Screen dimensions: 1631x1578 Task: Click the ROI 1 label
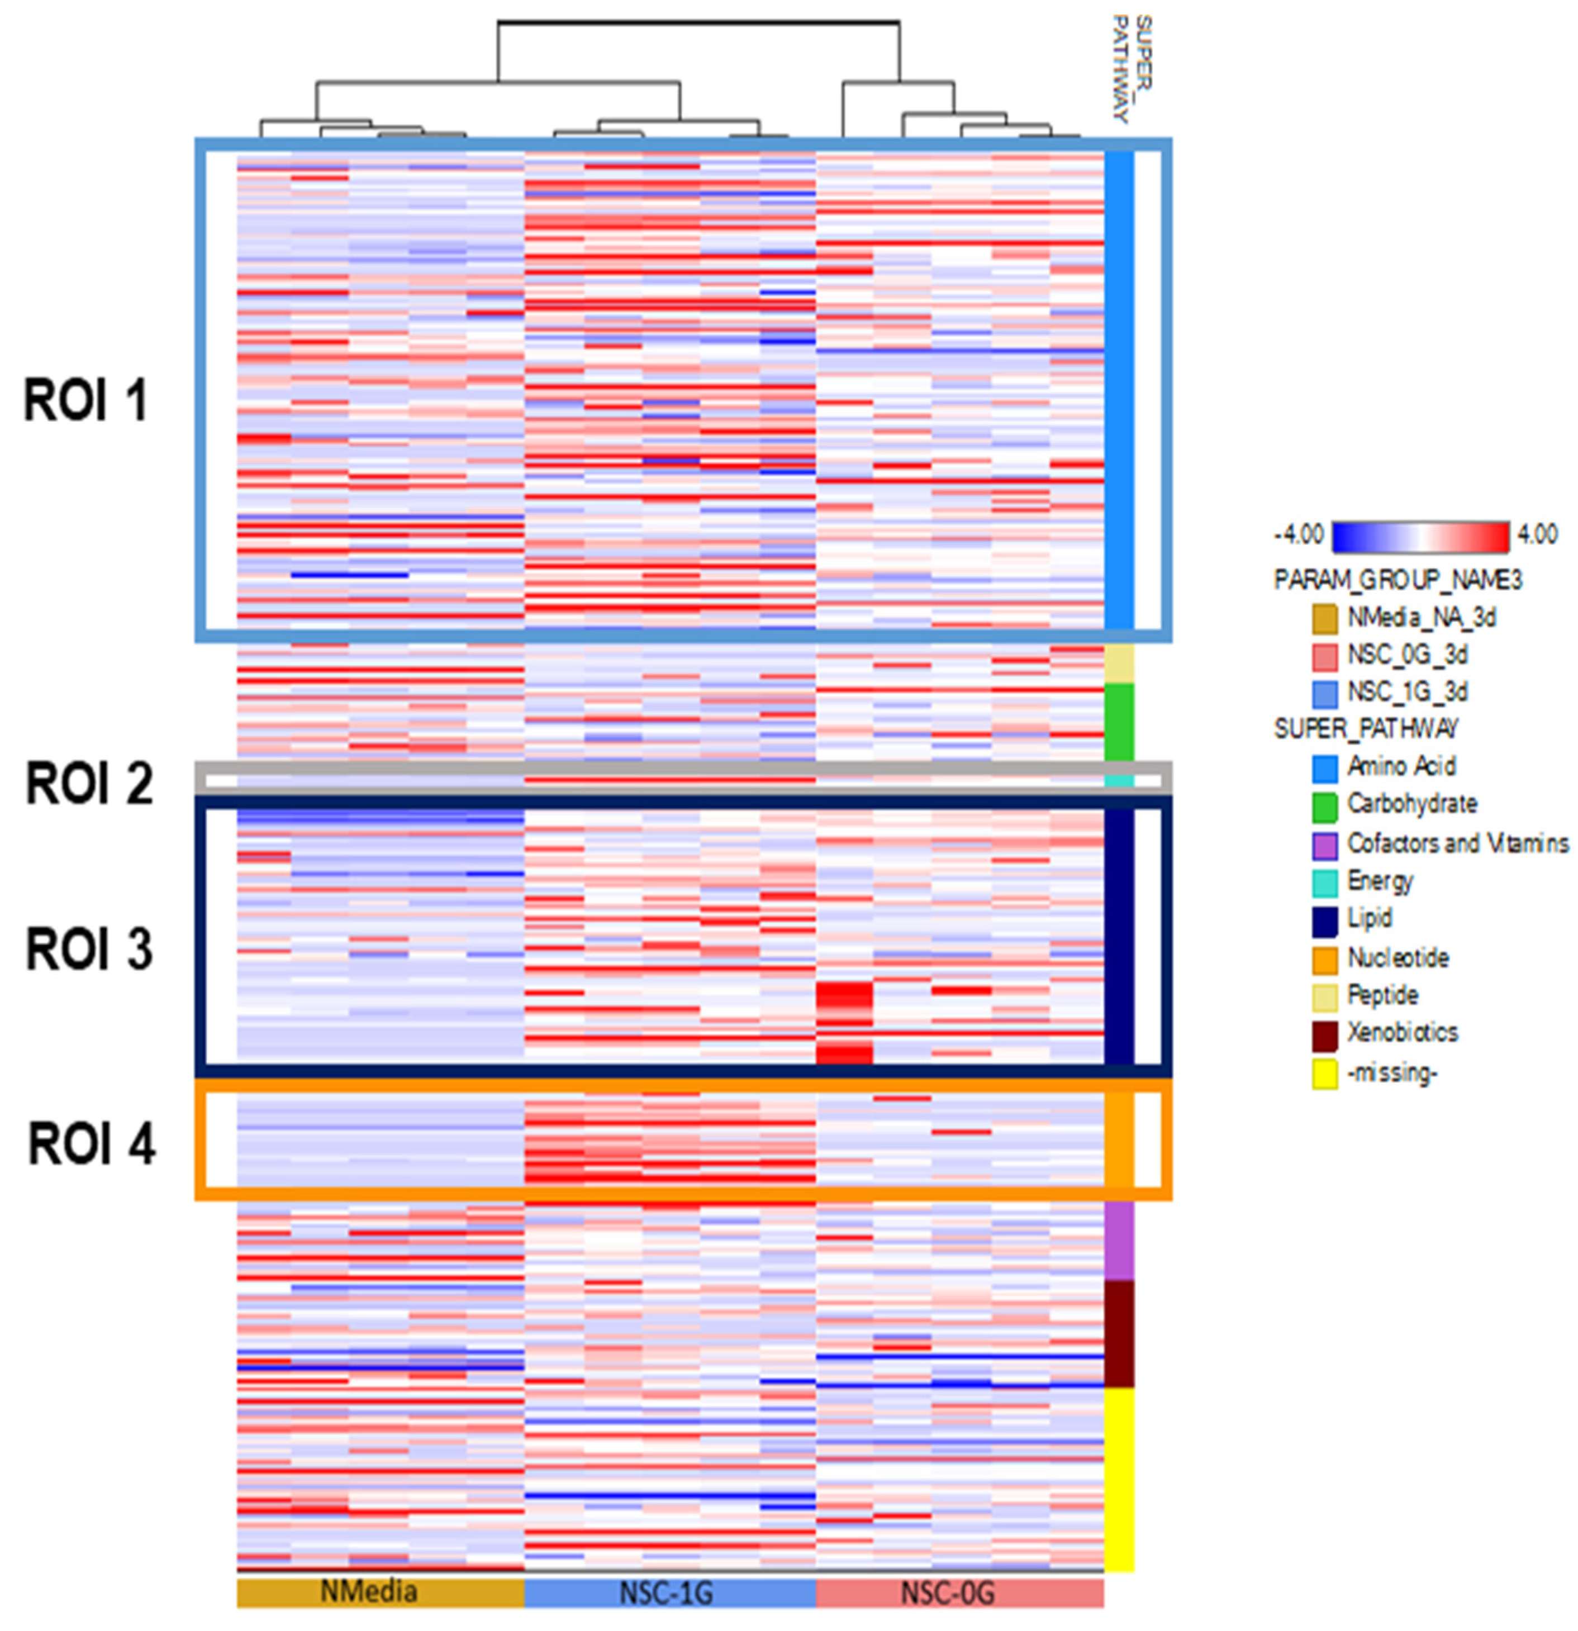tap(85, 400)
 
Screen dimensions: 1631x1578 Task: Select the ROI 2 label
tap(89, 783)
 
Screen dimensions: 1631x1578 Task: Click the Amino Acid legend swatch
tap(1324, 767)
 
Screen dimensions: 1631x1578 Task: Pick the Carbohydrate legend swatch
tap(1324, 805)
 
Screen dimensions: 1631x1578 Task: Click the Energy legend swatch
tap(1324, 882)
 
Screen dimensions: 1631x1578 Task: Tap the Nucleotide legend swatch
tap(1324, 958)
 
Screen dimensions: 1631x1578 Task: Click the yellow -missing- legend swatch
tap(1324, 1074)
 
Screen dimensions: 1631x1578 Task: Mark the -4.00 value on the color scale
tap(1299, 534)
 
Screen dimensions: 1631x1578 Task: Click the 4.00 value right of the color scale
tap(1537, 534)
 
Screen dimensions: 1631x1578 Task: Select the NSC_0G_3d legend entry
tap(1406, 655)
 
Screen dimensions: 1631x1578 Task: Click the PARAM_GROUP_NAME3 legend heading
tap(1398, 580)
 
